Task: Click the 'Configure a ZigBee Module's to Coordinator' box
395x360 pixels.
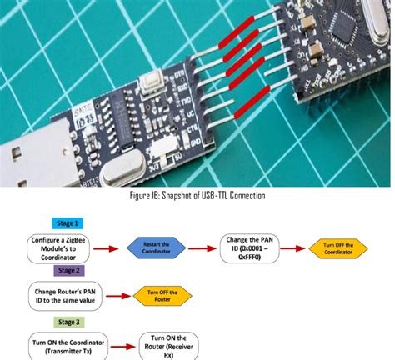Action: (x=63, y=247)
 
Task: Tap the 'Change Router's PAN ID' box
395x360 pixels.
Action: (x=63, y=295)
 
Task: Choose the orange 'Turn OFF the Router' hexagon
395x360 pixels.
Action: (x=162, y=295)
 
